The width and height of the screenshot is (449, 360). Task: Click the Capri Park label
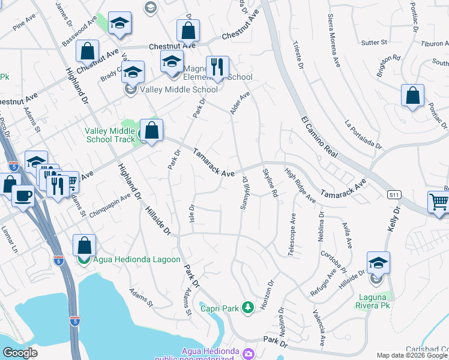[x=220, y=308]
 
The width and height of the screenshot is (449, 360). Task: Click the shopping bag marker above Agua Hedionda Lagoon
[x=84, y=245]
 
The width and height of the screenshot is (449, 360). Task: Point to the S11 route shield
[x=394, y=194]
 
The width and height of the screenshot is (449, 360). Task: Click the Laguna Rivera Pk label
[x=375, y=301]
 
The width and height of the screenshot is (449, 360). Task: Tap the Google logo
[x=20, y=352]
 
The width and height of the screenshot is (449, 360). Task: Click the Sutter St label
[x=375, y=43]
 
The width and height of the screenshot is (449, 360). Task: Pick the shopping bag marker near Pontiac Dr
[x=413, y=95]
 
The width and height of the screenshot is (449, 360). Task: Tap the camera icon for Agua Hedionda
[x=249, y=354]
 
